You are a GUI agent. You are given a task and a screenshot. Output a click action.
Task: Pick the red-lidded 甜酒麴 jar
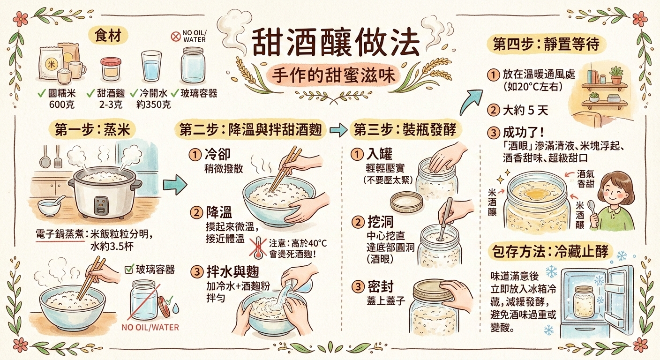point(111,69)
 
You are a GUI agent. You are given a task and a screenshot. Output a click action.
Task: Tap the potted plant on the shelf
point(616,75)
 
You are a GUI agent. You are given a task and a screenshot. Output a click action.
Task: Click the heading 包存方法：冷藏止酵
point(550,252)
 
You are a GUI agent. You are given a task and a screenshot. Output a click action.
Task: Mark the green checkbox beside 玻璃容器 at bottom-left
point(129,269)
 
